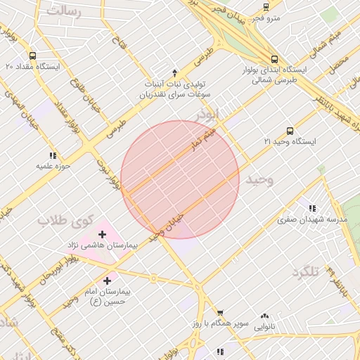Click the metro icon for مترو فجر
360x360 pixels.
(266, 6)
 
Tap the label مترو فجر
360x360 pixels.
(266, 17)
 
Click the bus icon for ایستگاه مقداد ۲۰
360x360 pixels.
(32, 56)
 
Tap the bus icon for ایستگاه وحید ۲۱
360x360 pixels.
(290, 131)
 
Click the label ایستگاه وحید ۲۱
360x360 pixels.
(290, 141)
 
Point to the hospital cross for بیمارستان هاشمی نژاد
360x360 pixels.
(103, 234)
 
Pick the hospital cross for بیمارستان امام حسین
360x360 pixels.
(107, 281)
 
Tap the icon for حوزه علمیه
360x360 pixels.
(52, 155)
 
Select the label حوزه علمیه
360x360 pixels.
(52, 166)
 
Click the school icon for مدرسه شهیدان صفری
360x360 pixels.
(312, 208)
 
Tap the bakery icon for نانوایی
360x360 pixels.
(264, 316)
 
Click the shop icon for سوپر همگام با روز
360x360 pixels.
(220, 314)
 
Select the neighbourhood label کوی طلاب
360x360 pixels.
(65, 221)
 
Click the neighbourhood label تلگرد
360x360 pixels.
(305, 272)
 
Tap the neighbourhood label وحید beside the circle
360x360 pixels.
(258, 181)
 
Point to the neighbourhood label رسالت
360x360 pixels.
(65, 11)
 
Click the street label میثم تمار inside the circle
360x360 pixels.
(200, 140)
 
